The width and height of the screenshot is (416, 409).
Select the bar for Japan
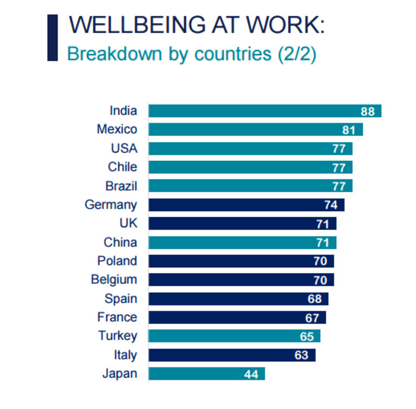click(x=206, y=374)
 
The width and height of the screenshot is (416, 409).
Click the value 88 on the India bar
click(x=368, y=111)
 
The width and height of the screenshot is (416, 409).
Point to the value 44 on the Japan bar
click(x=251, y=374)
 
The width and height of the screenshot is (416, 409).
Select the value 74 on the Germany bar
click(x=330, y=205)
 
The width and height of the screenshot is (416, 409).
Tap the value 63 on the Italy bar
click(x=301, y=355)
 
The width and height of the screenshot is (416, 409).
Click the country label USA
click(x=124, y=148)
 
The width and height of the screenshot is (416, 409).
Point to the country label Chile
click(x=122, y=167)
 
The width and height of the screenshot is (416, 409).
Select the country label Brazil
click(x=121, y=186)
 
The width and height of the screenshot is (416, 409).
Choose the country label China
click(x=120, y=242)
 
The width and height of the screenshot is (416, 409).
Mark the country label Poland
click(x=117, y=261)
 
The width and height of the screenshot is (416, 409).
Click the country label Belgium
click(x=114, y=280)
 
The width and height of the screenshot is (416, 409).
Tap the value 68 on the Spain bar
click(x=315, y=299)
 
